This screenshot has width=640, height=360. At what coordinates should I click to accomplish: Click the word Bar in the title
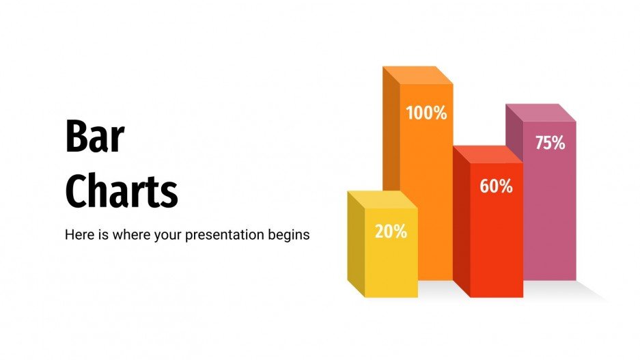(94, 137)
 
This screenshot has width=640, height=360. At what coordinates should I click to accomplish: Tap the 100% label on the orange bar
(426, 113)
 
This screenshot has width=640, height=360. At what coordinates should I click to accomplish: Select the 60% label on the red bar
(496, 186)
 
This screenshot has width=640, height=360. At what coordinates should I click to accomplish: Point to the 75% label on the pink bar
(550, 143)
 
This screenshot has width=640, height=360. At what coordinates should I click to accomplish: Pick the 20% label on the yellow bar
(391, 232)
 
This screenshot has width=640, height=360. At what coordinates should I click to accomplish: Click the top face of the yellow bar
(382, 199)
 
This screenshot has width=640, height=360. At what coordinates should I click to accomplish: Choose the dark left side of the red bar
(462, 225)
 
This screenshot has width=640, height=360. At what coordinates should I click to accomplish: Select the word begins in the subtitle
(291, 235)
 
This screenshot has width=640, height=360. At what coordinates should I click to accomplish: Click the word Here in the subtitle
(78, 234)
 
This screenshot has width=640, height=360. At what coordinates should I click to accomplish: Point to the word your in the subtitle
(173, 235)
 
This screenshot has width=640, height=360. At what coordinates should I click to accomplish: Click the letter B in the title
(75, 137)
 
